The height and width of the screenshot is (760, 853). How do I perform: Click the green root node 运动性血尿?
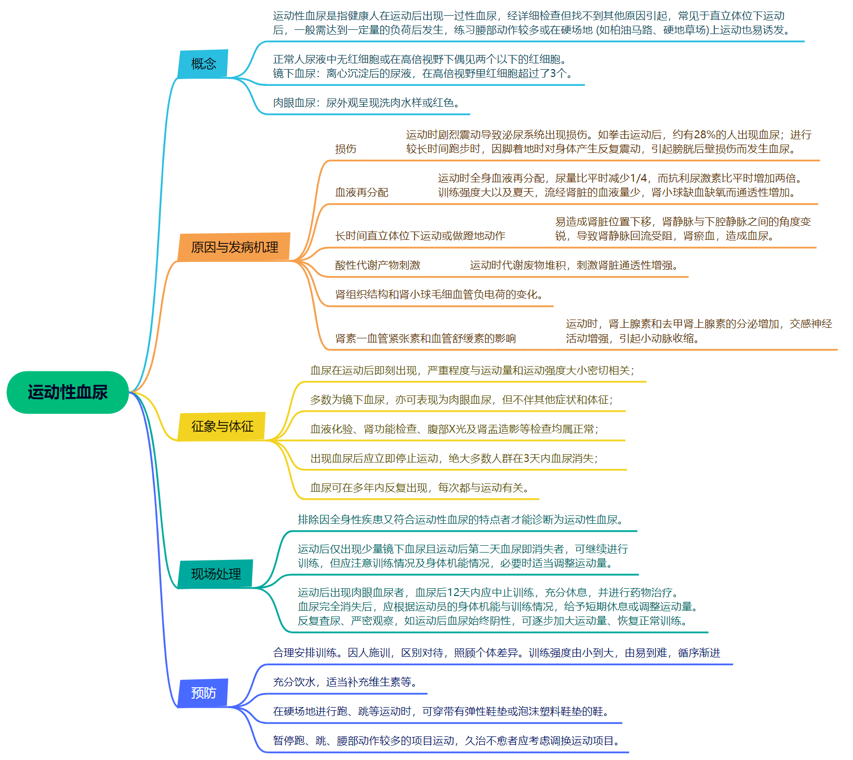pos(68,392)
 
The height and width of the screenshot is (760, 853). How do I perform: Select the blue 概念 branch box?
pos(203,64)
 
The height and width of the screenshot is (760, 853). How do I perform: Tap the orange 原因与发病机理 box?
pos(234,247)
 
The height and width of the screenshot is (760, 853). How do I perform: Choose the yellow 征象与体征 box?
pos(222,426)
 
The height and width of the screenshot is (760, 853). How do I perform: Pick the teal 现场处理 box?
pos(216,574)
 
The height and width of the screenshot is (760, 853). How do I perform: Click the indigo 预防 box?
pos(203,693)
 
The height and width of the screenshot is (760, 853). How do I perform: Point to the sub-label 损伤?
pos(345,149)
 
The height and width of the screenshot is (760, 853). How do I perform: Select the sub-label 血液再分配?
pos(362,192)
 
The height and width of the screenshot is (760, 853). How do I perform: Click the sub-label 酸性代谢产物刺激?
pos(377,265)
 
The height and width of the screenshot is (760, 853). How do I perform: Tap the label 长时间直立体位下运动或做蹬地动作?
pos(420,236)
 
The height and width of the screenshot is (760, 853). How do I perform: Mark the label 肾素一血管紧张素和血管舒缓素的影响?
pos(425,338)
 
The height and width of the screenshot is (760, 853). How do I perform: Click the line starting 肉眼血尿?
pos(366,103)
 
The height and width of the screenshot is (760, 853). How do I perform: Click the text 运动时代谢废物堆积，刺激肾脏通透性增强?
pos(574,265)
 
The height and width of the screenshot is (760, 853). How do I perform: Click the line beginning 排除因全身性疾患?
pos(461,520)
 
